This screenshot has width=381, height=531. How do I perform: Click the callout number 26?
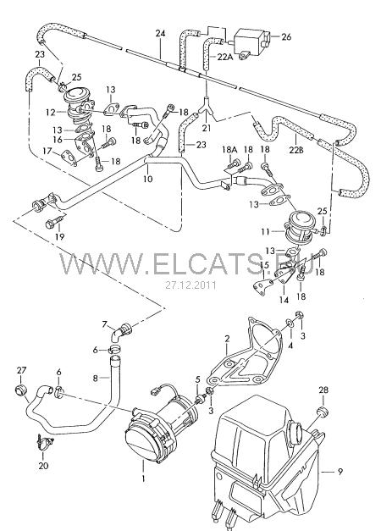coord(286,36)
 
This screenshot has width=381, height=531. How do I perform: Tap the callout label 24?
coord(161,34)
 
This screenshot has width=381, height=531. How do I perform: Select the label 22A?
coord(225,57)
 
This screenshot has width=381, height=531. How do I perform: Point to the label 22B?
coord(296,149)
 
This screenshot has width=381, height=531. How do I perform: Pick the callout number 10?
coord(147,179)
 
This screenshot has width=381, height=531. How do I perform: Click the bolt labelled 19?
coord(54,222)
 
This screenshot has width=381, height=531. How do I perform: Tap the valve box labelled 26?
coord(251,41)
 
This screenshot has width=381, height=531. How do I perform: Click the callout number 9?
coord(340,471)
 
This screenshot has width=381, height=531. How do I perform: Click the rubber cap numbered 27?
coord(21,390)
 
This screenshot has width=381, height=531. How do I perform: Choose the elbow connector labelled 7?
coord(121,332)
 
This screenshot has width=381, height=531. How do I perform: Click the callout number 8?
coord(96,378)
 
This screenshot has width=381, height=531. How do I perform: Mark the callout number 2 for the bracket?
coord(227,338)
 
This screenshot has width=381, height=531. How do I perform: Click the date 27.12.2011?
coord(190,285)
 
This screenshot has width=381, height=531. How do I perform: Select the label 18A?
coord(230,149)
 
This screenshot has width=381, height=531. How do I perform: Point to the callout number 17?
coord(47,151)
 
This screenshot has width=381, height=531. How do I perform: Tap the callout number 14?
coord(284,300)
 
